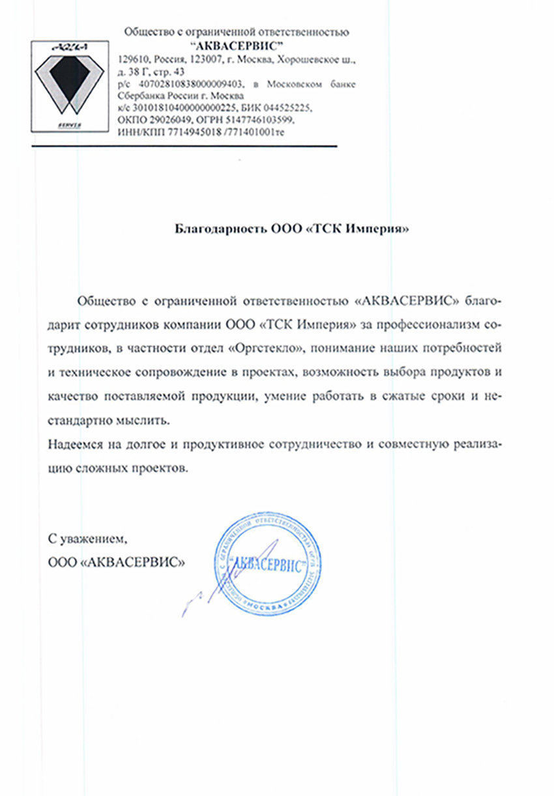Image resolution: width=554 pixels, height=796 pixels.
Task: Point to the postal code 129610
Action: point(130,60)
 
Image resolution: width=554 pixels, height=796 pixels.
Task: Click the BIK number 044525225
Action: point(285,109)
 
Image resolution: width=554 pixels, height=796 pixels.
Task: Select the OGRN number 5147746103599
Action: point(266,121)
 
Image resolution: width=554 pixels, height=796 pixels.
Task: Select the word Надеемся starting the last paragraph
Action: point(72,445)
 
